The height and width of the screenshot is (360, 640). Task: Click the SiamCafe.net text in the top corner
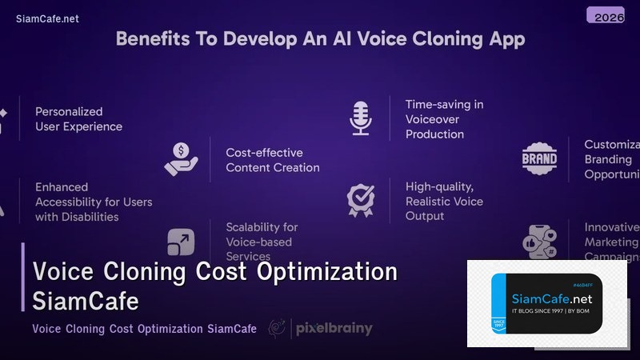pyautogui.click(x=47, y=19)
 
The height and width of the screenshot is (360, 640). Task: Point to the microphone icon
pyautogui.click(x=360, y=118)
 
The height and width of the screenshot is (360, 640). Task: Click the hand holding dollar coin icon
pyautogui.click(x=181, y=158)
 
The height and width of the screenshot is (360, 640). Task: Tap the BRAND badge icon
pyautogui.click(x=539, y=158)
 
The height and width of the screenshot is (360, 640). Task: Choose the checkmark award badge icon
pyautogui.click(x=360, y=199)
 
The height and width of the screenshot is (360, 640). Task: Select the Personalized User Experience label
pyautogui.click(x=78, y=118)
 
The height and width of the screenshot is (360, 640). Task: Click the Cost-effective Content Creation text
pyautogui.click(x=272, y=159)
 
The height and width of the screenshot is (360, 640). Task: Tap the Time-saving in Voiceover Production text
pyautogui.click(x=444, y=118)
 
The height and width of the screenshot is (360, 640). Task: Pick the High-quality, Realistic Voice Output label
pyautogui.click(x=444, y=201)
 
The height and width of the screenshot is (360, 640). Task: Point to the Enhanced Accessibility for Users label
pyautogui.click(x=93, y=201)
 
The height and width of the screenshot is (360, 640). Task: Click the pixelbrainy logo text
pyautogui.click(x=334, y=328)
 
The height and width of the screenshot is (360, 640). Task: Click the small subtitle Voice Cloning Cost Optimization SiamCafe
pyautogui.click(x=144, y=329)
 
